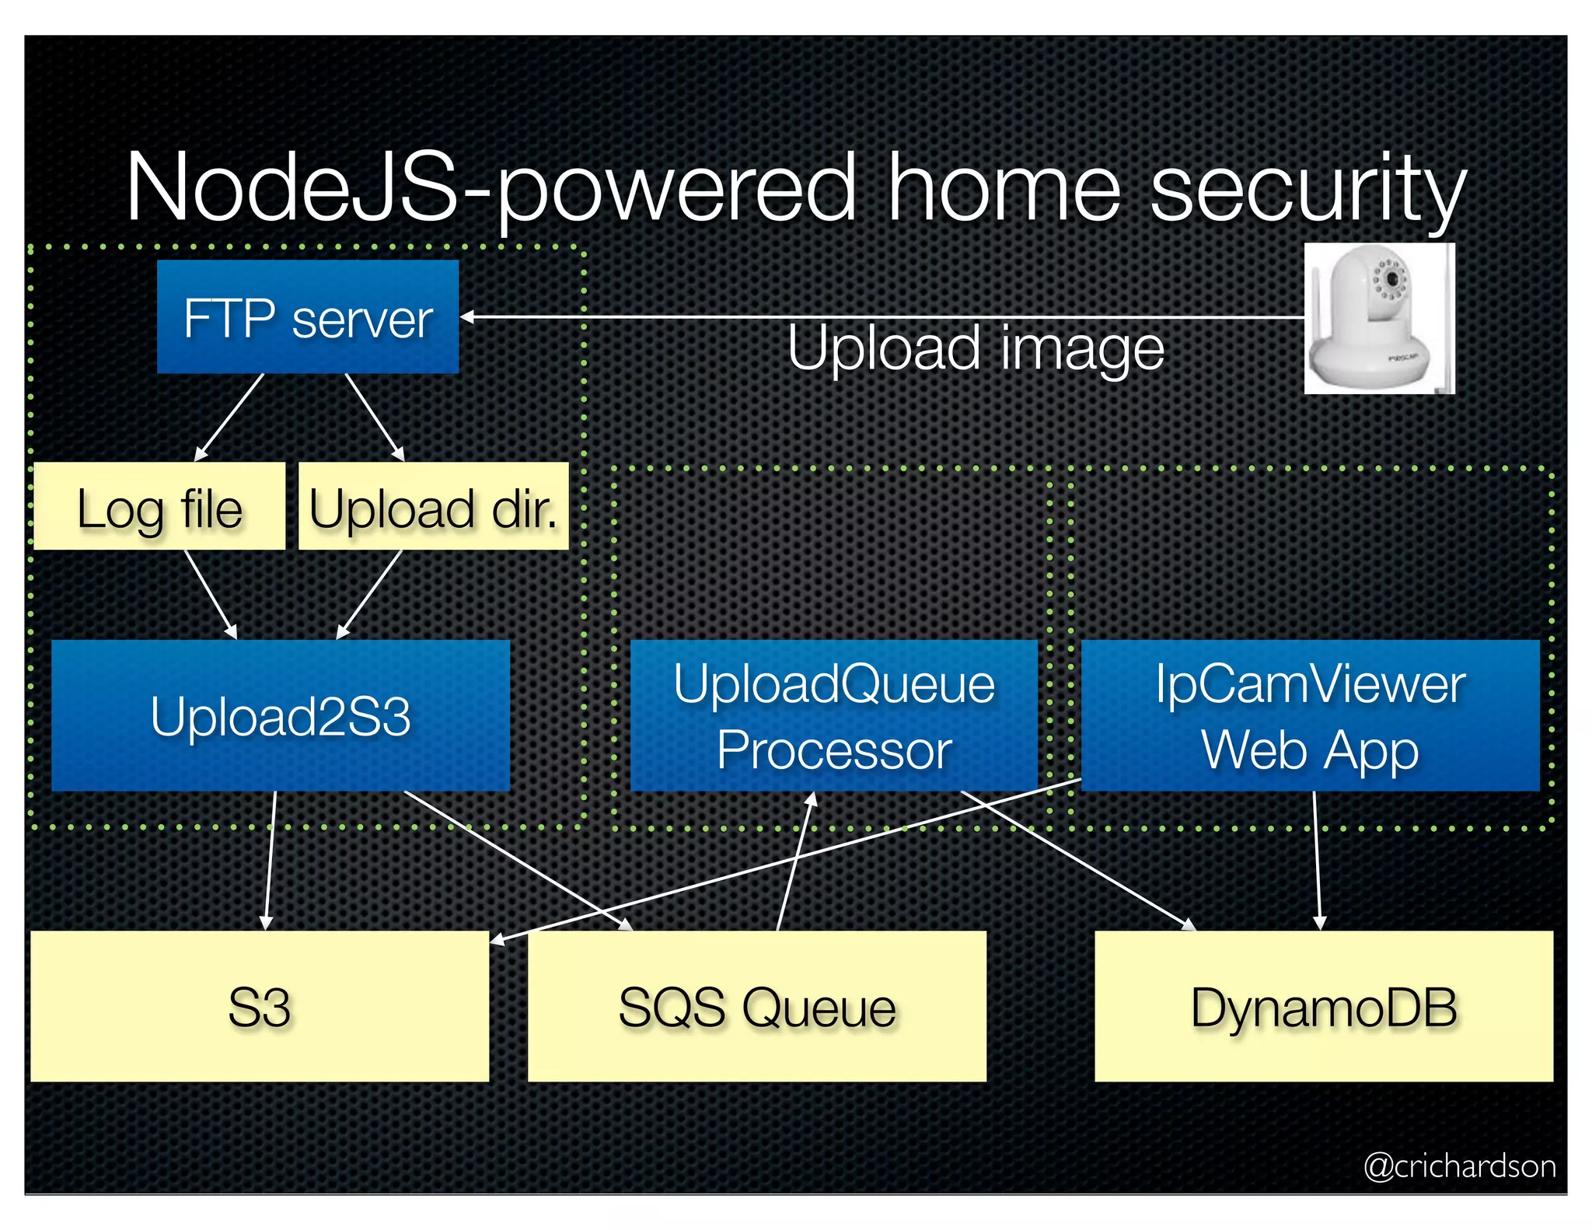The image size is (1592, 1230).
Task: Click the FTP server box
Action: pos(308,317)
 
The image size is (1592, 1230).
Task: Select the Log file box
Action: pos(159,507)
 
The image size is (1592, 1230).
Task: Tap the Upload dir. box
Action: pos(434,507)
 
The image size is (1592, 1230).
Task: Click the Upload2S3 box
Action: pos(281,715)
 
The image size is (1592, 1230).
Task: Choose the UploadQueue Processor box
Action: pos(833,715)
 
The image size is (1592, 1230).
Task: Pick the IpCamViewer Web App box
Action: pos(1310,715)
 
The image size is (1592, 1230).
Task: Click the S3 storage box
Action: pos(260,1006)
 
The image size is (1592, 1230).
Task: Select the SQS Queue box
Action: pos(757,1006)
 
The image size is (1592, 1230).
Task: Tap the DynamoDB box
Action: pos(1324,1006)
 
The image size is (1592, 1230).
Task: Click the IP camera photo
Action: pos(1378,319)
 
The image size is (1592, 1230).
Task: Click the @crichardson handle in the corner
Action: pos(1460,1166)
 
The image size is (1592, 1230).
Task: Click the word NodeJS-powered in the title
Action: pos(490,189)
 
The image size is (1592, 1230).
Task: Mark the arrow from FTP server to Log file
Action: pos(230,417)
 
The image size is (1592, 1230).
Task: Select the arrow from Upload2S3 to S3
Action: pos(271,860)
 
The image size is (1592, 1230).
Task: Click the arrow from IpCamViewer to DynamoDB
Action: pos(1316,860)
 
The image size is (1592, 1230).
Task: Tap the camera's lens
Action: pos(1391,279)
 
